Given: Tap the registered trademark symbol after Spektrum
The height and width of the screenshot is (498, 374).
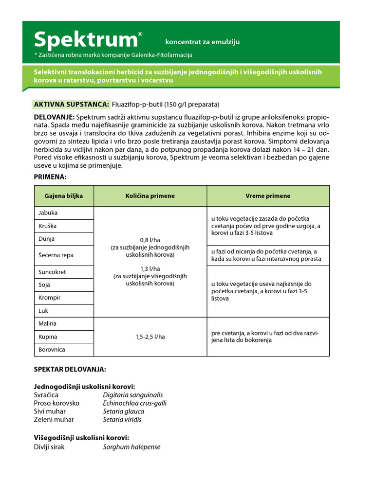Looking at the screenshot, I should (x=140, y=34).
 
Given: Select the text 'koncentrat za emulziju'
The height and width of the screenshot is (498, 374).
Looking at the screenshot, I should (x=202, y=42).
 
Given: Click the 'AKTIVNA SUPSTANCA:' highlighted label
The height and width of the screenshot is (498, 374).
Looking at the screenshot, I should (x=71, y=104).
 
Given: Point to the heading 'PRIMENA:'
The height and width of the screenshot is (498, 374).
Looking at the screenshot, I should (x=50, y=177).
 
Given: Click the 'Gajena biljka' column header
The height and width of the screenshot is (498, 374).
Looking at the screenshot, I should (x=64, y=196).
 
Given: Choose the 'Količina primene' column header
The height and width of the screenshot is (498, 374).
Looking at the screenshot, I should (x=150, y=196).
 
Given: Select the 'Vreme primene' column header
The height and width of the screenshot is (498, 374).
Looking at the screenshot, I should (x=268, y=196).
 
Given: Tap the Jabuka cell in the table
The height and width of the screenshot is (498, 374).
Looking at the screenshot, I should (x=48, y=213).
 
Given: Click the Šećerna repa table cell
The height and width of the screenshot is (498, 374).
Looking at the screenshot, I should (x=56, y=255).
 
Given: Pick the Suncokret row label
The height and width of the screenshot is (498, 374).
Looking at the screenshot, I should (x=52, y=272).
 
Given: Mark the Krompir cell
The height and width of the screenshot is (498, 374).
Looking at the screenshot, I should (x=50, y=298).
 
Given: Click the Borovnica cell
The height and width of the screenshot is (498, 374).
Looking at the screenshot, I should (x=52, y=350).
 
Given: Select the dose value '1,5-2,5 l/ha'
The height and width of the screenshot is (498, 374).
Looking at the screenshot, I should (x=150, y=337).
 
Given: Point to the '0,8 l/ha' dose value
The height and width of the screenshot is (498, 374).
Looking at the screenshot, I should (x=150, y=240).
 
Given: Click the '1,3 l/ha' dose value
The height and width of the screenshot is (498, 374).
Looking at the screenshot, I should (x=150, y=268).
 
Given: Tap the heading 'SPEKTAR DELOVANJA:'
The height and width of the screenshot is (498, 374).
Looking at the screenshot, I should (x=70, y=370).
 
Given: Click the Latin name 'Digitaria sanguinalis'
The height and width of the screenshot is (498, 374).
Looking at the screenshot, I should (x=133, y=395).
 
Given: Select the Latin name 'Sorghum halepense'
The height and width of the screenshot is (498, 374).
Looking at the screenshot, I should (x=131, y=447).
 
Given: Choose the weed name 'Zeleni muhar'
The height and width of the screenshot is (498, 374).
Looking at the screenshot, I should (x=54, y=419).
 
